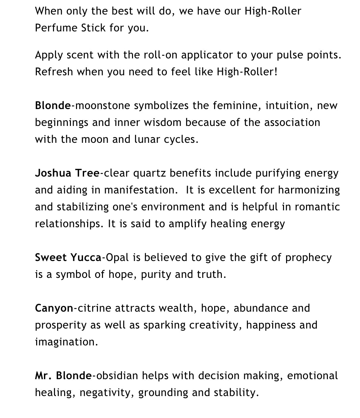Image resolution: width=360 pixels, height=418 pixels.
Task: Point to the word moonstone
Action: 102,106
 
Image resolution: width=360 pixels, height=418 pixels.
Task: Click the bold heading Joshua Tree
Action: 67,173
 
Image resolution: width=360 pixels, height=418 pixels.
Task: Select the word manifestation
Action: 141,190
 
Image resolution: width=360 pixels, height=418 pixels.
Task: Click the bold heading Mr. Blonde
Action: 63,376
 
